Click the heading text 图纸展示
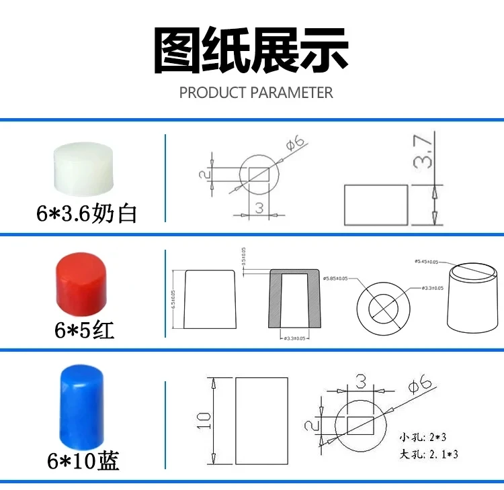click(x=252, y=52)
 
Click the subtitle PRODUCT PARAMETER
click(x=256, y=93)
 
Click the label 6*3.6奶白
click(x=87, y=213)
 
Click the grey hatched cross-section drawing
click(x=295, y=298)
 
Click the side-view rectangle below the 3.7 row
click(x=376, y=205)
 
